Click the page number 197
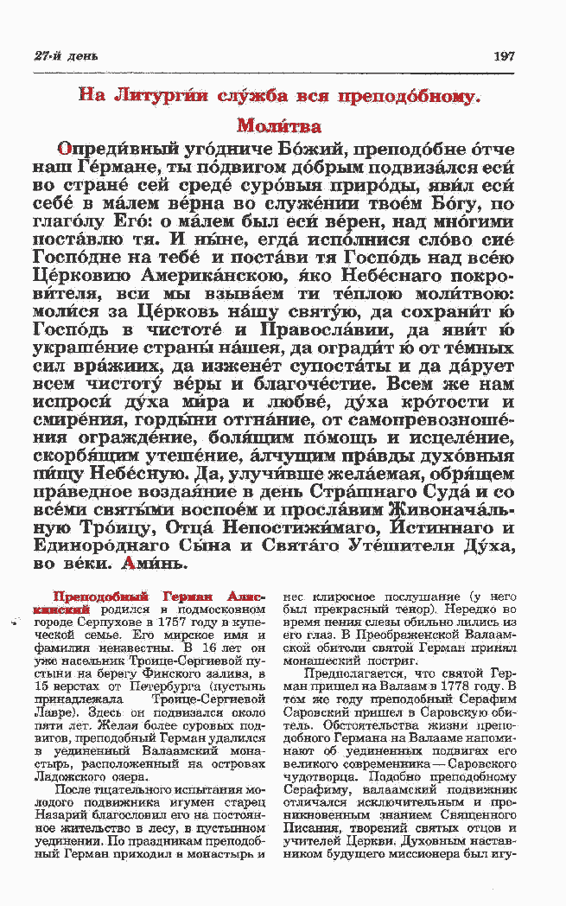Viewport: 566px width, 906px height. (504, 56)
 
